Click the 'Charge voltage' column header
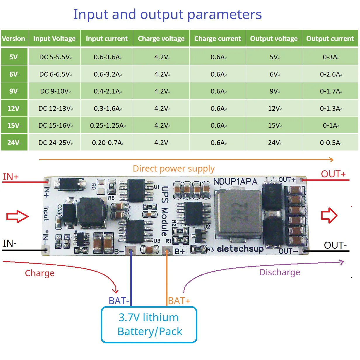161,39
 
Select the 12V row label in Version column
13,108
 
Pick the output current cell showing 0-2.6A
330,74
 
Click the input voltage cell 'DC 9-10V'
55,91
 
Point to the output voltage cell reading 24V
274,143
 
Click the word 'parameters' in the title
224,14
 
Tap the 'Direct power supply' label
174,169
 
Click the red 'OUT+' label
333,174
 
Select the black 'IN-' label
10,243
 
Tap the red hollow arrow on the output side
329,216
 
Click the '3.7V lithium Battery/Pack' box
149,325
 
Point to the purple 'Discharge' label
280,272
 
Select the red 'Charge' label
39,273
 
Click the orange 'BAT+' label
179,301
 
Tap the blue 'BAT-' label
119,301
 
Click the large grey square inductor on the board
238,214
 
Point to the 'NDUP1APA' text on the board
235,181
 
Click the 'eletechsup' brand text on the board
240,249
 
